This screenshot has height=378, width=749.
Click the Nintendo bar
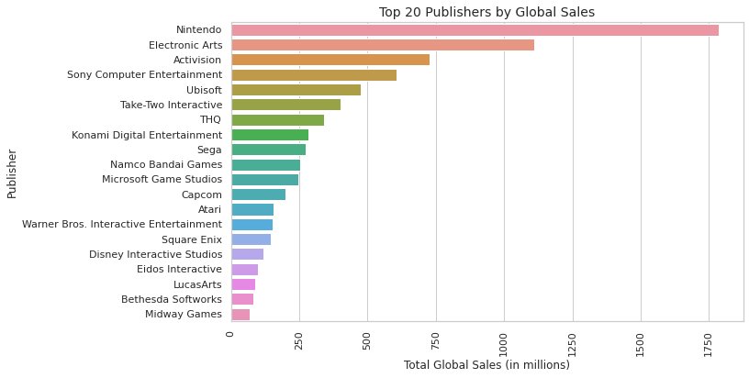[x=475, y=30]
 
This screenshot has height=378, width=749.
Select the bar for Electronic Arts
[x=383, y=45]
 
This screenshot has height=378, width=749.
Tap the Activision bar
[x=330, y=60]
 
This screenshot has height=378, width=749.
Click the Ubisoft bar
[x=296, y=90]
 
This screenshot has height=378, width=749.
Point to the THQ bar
[x=277, y=120]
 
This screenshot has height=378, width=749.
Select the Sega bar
[x=268, y=150]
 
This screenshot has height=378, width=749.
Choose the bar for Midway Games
[x=240, y=315]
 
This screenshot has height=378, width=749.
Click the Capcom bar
[x=258, y=195]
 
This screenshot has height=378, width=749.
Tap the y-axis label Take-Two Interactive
[x=171, y=105]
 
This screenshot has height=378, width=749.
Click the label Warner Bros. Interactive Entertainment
[x=122, y=224]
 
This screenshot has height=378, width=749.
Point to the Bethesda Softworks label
[x=172, y=299]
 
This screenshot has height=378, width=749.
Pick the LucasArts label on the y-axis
[x=197, y=284]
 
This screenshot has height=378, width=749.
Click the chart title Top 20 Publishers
[x=486, y=13]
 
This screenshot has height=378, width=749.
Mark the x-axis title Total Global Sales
[x=486, y=365]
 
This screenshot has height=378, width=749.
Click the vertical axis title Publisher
[x=12, y=172]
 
